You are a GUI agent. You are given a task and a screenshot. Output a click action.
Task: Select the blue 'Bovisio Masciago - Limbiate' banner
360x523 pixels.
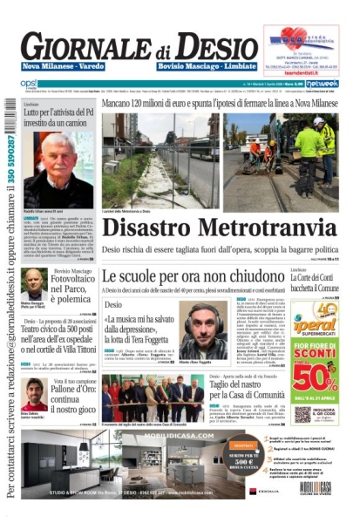click(x=207, y=66)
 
